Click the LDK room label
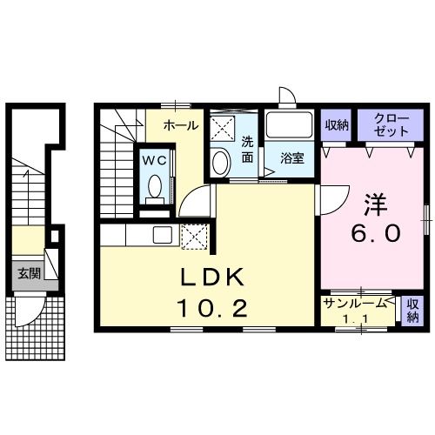tap(212, 278)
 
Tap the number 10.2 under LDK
tap(213, 308)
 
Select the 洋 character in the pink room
tap(376, 204)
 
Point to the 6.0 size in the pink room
tap(376, 233)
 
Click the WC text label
tap(155, 160)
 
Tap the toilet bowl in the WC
tap(155, 186)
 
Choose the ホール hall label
tap(181, 125)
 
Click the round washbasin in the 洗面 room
tap(221, 162)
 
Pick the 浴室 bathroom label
tap(292, 158)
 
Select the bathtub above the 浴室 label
tap(289, 124)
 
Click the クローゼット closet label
tap(391, 125)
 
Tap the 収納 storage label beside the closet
tap(337, 125)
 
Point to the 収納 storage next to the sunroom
tap(413, 311)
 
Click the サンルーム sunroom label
tap(355, 304)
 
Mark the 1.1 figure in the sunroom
tap(355, 319)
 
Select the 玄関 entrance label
tap(29, 273)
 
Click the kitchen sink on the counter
tap(163, 235)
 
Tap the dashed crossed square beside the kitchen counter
tap(195, 237)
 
